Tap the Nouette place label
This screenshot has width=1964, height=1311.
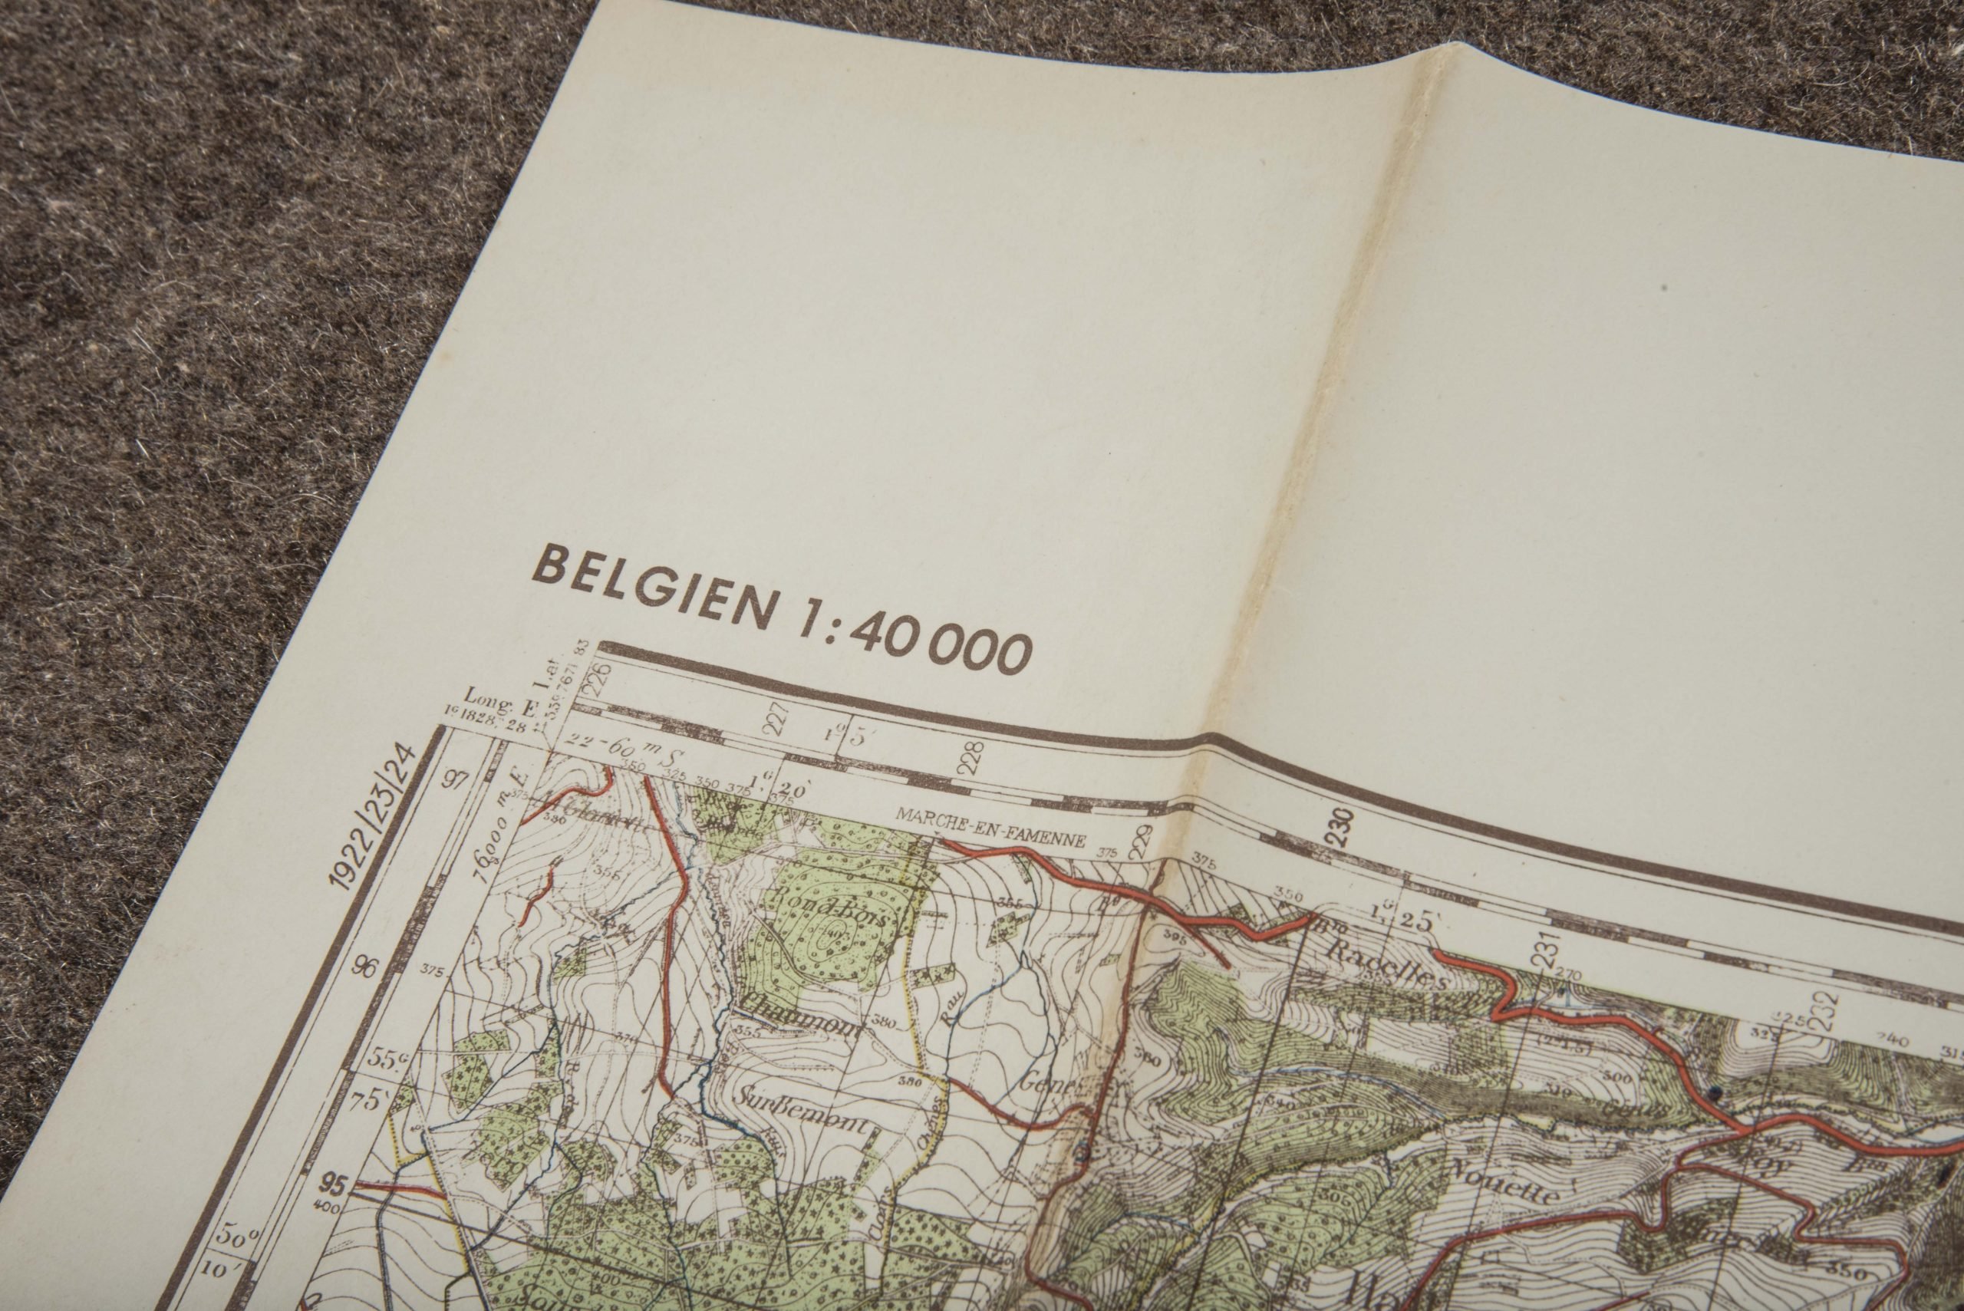pyautogui.click(x=1505, y=1188)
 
